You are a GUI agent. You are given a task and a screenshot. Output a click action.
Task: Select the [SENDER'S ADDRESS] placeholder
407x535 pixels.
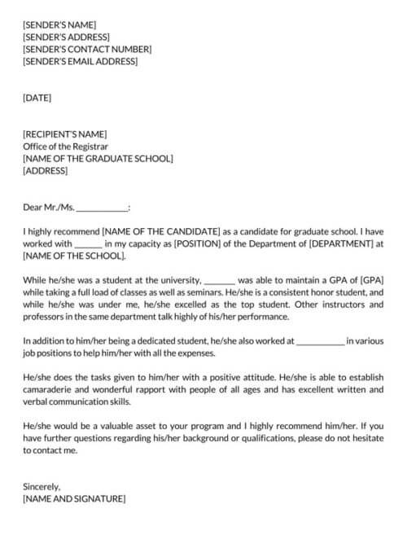click(x=67, y=37)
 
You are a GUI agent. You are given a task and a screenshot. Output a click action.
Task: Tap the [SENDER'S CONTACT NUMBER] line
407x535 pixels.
click(x=87, y=49)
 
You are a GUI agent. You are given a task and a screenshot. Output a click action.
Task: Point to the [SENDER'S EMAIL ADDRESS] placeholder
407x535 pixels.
click(x=81, y=61)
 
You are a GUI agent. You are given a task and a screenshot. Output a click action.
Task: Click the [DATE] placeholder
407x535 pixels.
click(x=37, y=98)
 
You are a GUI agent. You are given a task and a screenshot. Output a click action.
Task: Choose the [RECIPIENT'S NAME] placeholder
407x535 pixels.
click(x=65, y=134)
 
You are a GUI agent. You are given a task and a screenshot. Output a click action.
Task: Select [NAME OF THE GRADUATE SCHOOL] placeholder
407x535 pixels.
click(x=98, y=159)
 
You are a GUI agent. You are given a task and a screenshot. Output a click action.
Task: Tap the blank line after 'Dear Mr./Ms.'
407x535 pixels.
click(x=102, y=208)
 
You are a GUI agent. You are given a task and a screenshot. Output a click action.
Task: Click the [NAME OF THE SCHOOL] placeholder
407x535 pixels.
click(x=74, y=256)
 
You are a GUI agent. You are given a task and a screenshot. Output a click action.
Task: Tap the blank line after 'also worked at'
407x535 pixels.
click(x=320, y=341)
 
